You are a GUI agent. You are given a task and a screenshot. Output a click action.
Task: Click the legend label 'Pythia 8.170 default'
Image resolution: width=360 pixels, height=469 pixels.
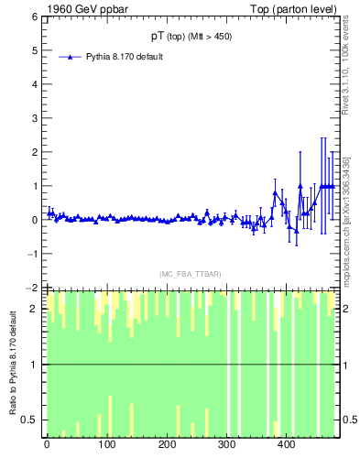pyautogui.click(x=125, y=57)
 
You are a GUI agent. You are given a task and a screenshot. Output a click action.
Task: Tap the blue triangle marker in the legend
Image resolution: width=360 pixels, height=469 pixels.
pyautogui.click(x=71, y=57)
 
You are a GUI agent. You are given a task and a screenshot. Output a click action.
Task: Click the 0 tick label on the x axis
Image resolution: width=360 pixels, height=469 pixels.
pyautogui.click(x=47, y=445)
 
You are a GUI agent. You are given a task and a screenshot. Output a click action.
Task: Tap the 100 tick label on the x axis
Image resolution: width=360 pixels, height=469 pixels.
pyautogui.click(x=106, y=445)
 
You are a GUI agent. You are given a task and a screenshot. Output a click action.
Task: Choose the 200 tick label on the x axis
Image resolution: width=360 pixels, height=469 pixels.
pyautogui.click(x=167, y=445)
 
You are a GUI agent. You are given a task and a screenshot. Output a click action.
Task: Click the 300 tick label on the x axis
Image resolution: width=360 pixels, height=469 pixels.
pyautogui.click(x=226, y=445)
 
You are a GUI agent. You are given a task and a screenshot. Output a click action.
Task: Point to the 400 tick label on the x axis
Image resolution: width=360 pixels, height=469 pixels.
pyautogui.click(x=286, y=445)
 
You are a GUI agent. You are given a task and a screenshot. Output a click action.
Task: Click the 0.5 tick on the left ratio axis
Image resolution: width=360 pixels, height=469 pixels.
pyautogui.click(x=27, y=420)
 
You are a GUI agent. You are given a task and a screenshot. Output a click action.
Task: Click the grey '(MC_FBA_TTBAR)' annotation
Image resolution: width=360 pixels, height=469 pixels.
pyautogui.click(x=190, y=274)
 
